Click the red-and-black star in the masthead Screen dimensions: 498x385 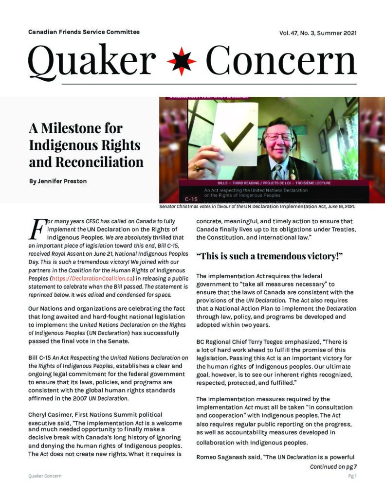[182, 62]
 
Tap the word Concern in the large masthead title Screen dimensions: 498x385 [281, 61]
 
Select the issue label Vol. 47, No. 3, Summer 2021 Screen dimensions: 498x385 [318, 33]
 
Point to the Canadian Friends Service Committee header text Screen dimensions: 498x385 [84, 32]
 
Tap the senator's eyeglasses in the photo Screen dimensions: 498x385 [280, 137]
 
